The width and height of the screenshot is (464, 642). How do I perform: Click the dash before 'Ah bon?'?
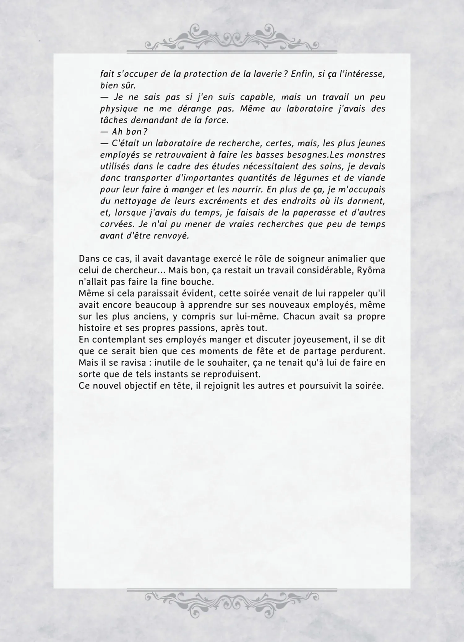(x=104, y=132)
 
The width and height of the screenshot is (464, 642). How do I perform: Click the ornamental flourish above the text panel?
(x=232, y=37)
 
